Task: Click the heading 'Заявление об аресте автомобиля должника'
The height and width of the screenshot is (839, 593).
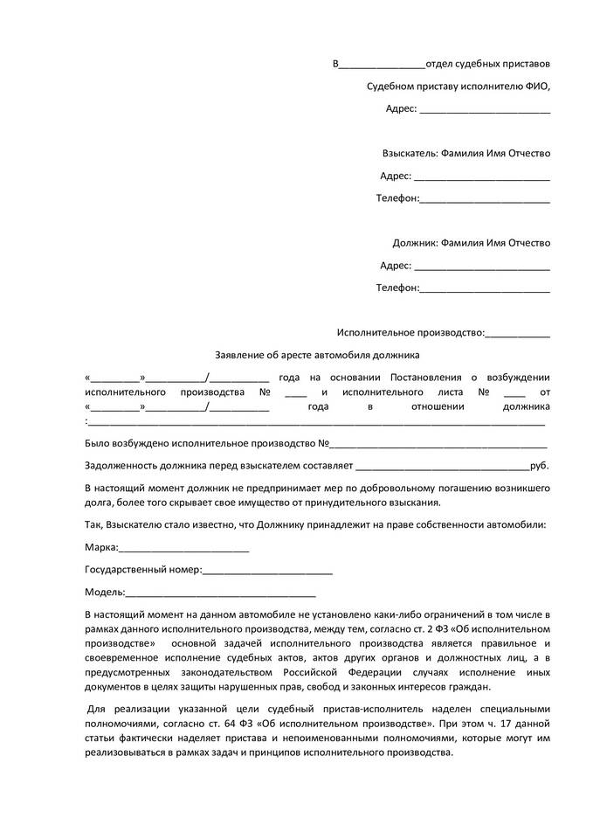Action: tap(317, 355)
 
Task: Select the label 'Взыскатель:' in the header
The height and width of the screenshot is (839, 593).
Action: tap(410, 153)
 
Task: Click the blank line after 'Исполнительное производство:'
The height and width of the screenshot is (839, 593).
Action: tap(517, 333)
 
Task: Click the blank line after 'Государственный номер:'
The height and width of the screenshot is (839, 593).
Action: tap(267, 571)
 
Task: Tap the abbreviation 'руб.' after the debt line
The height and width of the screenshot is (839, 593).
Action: tap(540, 466)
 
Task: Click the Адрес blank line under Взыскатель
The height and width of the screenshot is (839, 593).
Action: tap(481, 176)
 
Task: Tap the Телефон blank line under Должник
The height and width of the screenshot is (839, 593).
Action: tap(485, 288)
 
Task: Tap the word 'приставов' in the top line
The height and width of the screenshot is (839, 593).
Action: tap(527, 65)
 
